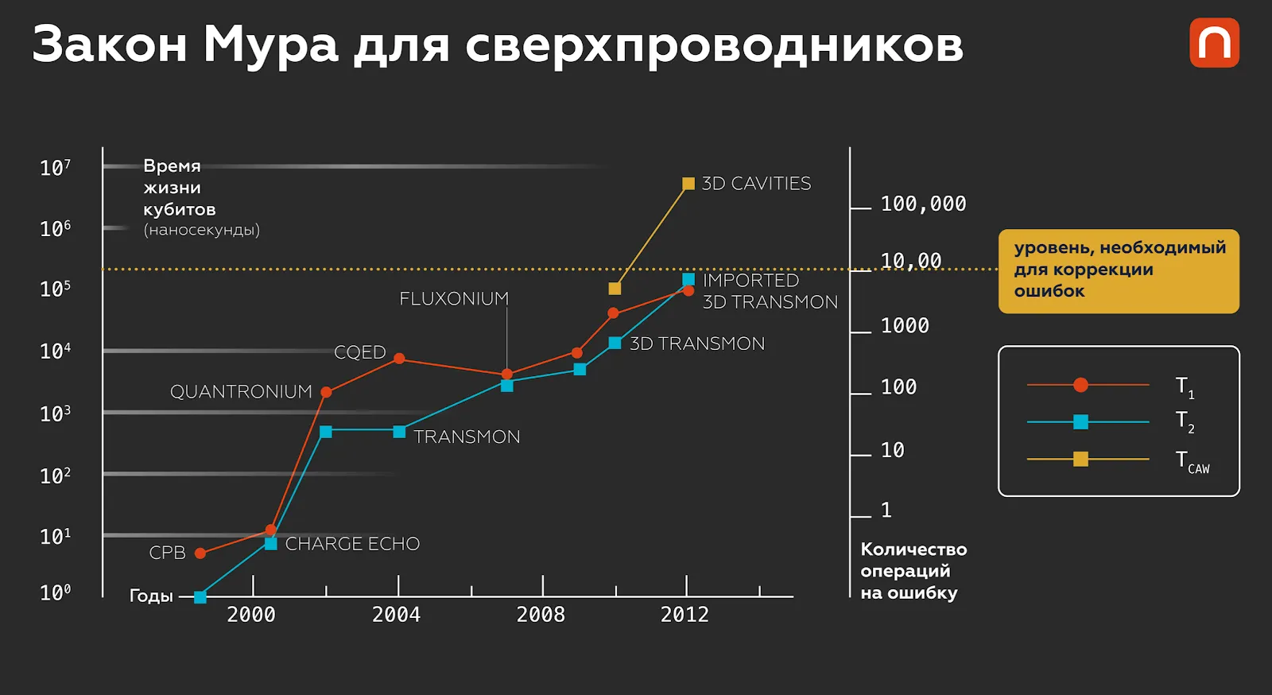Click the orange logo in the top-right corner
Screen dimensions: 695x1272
1214,43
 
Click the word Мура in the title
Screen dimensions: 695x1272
271,45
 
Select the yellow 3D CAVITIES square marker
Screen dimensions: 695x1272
688,184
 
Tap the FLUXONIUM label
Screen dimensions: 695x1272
454,298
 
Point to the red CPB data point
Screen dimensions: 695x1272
200,553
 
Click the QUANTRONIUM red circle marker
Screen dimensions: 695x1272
326,392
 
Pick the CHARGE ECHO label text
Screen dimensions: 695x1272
352,544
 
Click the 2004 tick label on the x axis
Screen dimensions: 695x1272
396,615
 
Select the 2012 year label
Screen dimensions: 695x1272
684,615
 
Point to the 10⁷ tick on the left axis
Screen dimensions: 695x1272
55,168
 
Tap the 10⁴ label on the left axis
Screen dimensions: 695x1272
55,351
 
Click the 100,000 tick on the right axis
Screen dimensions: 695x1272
923,204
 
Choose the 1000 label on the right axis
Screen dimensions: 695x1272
905,326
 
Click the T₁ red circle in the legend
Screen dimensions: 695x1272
1080,385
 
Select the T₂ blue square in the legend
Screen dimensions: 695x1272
1080,421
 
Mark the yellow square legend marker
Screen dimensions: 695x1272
1080,459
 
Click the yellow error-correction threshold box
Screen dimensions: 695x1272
1119,270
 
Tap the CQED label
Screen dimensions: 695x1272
359,352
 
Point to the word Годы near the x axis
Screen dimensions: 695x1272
151,596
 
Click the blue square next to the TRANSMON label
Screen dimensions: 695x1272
399,432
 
